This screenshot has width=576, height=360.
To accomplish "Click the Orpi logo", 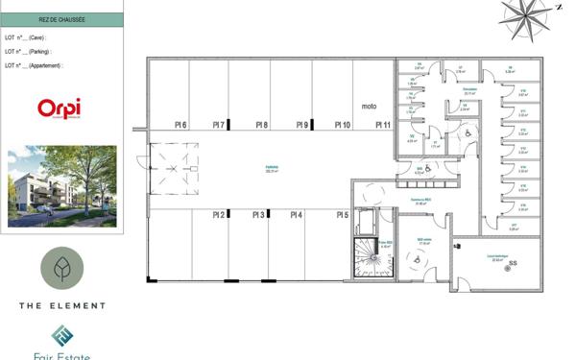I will (59, 108).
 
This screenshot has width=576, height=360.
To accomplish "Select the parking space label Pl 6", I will (180, 125).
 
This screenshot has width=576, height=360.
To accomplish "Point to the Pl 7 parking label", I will (219, 125).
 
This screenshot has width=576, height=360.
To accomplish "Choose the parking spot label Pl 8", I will (261, 125).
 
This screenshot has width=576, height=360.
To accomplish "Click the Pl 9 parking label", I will (301, 125).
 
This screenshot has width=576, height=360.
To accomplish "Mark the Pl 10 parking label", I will (342, 125).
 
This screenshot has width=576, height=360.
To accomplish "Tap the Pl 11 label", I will (382, 125).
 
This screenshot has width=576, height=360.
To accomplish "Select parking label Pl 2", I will (219, 215).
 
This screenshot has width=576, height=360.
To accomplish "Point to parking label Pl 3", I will (258, 215).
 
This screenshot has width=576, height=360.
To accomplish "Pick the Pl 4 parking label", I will (297, 215).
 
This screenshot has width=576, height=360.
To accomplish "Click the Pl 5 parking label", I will (342, 215).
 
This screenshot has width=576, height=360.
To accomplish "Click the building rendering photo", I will (61, 186).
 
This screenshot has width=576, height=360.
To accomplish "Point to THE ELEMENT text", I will (62, 305).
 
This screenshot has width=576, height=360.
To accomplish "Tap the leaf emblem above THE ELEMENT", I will (62, 269).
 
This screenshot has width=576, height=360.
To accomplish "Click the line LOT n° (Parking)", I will (29, 51).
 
